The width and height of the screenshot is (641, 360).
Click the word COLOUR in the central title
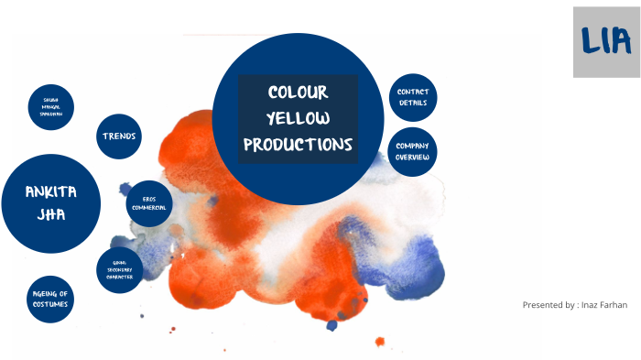[x=298, y=93]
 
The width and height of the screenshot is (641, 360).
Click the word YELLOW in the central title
[x=298, y=118]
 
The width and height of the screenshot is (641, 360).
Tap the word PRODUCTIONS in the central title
[x=298, y=145]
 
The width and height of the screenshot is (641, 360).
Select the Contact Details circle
[x=413, y=97]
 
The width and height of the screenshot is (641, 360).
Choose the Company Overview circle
[x=413, y=152]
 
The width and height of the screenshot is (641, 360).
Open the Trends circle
[x=119, y=136]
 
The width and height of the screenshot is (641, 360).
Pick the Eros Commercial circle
[x=148, y=202]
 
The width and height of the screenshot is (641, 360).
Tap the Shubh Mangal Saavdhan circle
[x=50, y=108]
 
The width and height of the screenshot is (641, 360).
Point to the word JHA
[x=50, y=216]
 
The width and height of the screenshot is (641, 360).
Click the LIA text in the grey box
[x=605, y=40]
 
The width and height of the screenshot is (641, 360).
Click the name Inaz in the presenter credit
[x=591, y=304]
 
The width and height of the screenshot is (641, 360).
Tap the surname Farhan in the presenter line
[x=614, y=304]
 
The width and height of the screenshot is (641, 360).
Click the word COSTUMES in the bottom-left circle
[x=50, y=304]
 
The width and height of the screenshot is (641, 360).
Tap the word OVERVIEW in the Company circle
[x=413, y=158]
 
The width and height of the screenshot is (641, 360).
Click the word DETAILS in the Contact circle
[x=413, y=103]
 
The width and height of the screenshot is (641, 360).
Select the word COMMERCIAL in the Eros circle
[x=148, y=207]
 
